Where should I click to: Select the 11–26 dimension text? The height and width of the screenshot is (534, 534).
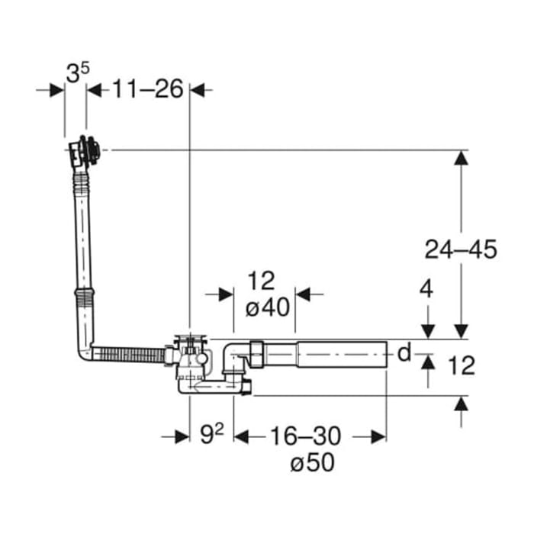(x=149, y=89)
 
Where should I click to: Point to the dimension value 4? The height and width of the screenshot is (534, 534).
(x=426, y=290)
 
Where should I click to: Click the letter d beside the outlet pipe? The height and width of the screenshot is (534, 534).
(x=404, y=352)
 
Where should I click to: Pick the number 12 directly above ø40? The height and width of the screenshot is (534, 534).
(x=261, y=281)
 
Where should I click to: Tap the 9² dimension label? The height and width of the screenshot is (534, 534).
(x=211, y=436)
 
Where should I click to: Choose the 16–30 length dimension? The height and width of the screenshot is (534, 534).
(x=304, y=436)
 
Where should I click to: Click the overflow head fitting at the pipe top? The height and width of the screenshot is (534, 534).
(x=82, y=150)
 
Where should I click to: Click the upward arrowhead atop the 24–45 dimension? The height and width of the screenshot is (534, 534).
(x=461, y=158)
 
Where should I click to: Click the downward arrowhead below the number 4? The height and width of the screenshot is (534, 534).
(x=427, y=330)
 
